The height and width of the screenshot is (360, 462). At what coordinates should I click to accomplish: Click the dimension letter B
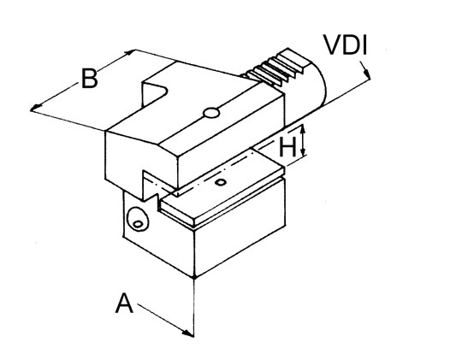pyautogui.click(x=89, y=79)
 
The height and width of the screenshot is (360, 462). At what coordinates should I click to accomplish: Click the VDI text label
pyautogui.click(x=346, y=45)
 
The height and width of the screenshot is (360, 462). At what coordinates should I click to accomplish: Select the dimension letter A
pyautogui.click(x=124, y=304)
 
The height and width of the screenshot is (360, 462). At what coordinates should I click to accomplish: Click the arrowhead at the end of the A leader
pyautogui.click(x=188, y=333)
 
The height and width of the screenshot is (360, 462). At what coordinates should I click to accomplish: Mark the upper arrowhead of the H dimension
pyautogui.click(x=303, y=130)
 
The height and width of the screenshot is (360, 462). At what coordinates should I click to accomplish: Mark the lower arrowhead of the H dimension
pyautogui.click(x=303, y=150)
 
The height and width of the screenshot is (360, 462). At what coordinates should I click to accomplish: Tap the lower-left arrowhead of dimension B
pyautogui.click(x=36, y=108)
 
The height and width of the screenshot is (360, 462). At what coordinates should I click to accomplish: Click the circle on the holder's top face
pyautogui.click(x=211, y=113)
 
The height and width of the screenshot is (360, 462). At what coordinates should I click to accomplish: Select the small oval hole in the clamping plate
pyautogui.click(x=221, y=182)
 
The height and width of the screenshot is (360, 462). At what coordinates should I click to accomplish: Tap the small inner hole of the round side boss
pyautogui.click(x=138, y=224)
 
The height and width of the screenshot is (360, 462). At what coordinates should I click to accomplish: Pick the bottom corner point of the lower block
pyautogui.click(x=194, y=277)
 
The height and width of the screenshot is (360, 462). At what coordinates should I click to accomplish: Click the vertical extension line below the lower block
pyautogui.click(x=194, y=307)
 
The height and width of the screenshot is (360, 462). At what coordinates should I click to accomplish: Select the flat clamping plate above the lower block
pyautogui.click(x=222, y=186)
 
